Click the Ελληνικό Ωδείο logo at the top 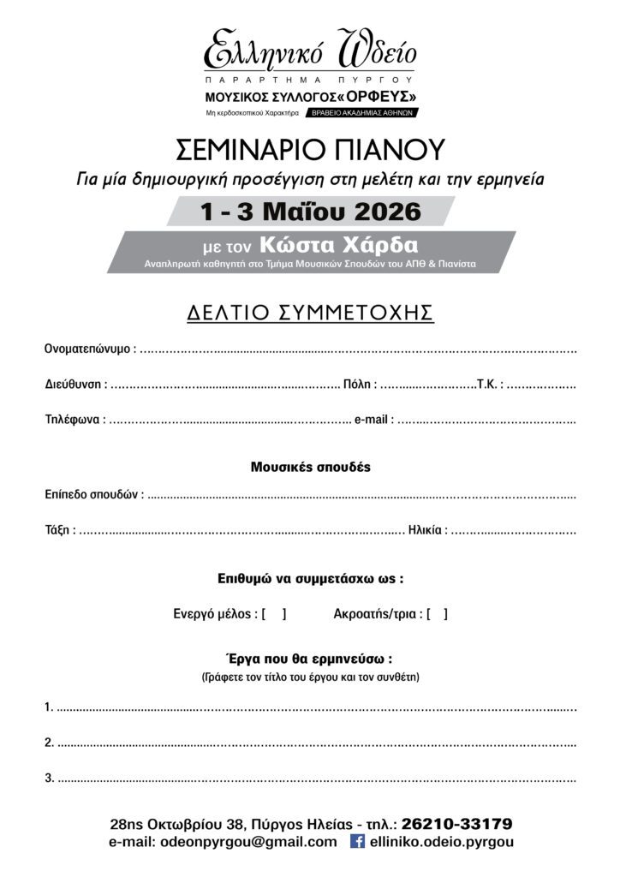click(x=309, y=53)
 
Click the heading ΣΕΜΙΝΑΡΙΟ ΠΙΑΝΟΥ click(x=310, y=151)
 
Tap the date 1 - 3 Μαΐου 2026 click(x=310, y=211)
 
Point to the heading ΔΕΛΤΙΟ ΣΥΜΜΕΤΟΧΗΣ click(x=310, y=313)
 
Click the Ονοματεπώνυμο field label click(x=88, y=349)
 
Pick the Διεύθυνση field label click(x=75, y=385)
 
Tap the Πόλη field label click(x=359, y=385)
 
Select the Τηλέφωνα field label click(x=75, y=421)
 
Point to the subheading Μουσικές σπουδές click(x=310, y=468)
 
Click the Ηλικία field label click(x=426, y=530)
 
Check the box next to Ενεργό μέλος click(x=274, y=614)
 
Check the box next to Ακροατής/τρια click(x=437, y=614)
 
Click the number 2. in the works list click(x=50, y=743)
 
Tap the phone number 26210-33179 click(x=456, y=825)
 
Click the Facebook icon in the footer click(x=358, y=843)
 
